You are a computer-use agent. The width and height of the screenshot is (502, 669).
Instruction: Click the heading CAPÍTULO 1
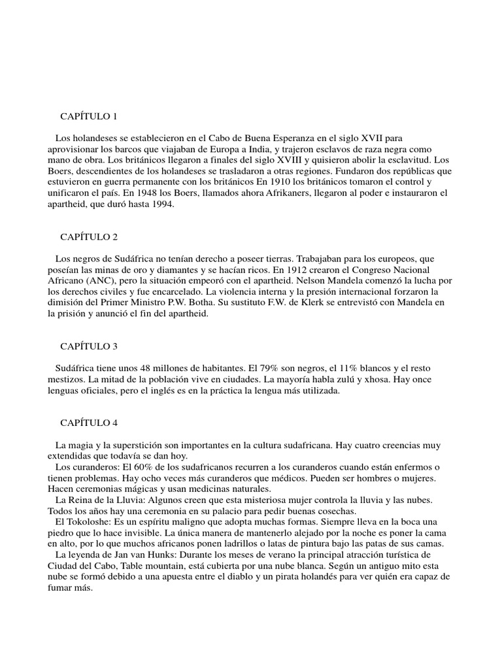(88, 116)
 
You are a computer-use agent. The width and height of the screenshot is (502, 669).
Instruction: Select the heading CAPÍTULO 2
(88, 237)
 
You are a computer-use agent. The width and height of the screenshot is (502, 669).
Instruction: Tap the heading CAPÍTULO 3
(88, 346)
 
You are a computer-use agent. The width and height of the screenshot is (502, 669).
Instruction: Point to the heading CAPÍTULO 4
(88, 423)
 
